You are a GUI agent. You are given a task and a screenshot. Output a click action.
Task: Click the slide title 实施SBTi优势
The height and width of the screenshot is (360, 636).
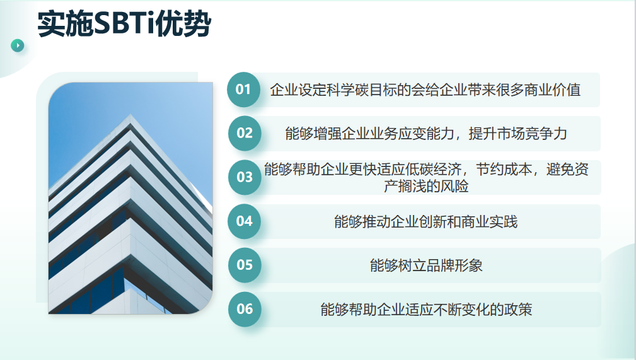tap(124, 24)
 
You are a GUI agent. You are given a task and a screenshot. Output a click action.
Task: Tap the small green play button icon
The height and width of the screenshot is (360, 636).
tap(18, 45)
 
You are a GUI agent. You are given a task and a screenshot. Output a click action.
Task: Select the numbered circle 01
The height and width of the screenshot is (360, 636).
tap(243, 90)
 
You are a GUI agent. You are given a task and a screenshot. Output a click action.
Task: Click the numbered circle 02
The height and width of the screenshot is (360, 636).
tap(245, 133)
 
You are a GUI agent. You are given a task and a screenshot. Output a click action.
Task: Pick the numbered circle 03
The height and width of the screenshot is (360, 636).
tap(245, 177)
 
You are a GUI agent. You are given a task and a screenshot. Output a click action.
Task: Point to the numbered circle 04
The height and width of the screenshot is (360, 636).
tap(244, 221)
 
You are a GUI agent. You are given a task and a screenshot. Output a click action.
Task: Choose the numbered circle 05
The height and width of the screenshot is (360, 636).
tap(245, 265)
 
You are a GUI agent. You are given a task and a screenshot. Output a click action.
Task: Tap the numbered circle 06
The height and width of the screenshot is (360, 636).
tap(245, 309)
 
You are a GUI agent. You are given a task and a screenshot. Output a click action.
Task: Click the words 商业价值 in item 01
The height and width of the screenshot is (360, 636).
tap(552, 90)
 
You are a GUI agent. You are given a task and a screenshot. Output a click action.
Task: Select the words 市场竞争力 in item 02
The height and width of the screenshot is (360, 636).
tap(532, 134)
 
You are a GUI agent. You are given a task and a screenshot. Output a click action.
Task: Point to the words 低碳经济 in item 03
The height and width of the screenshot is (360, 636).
tap(434, 169)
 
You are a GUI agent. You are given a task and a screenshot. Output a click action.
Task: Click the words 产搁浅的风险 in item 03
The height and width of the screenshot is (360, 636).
tap(426, 186)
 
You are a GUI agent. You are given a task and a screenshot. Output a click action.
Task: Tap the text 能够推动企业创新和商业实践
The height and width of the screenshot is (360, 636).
tap(426, 221)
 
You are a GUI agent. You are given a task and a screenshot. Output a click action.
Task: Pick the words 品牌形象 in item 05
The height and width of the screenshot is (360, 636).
tap(454, 265)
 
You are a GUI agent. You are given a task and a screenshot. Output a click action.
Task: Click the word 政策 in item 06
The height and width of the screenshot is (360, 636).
tap(518, 310)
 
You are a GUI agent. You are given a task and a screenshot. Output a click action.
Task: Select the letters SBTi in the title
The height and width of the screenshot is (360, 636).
tap(124, 24)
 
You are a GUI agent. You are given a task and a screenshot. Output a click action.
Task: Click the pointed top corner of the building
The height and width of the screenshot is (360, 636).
tap(130, 115)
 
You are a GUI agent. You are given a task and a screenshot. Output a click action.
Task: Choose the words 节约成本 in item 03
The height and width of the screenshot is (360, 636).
tap(504, 169)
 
